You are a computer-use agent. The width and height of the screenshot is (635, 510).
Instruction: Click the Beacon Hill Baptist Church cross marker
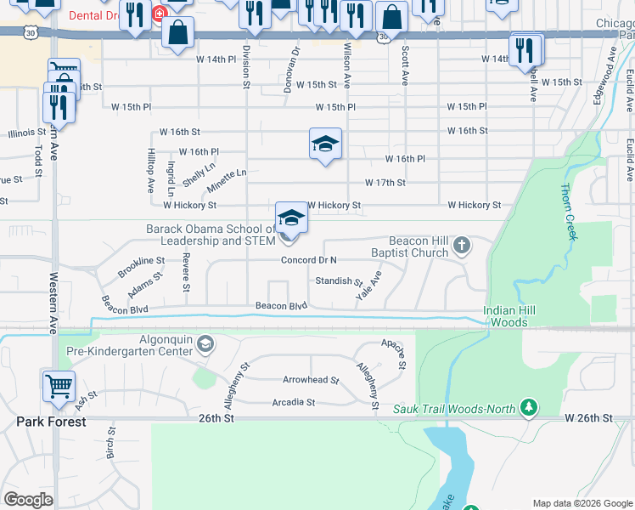[x=462, y=246]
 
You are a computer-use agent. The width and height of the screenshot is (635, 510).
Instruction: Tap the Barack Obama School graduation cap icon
[x=291, y=218]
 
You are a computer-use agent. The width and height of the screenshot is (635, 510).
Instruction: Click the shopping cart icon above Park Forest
[x=59, y=387]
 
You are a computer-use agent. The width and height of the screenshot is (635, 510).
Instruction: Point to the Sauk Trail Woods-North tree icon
[x=529, y=409]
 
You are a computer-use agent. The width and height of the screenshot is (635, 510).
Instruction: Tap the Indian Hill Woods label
[x=511, y=316]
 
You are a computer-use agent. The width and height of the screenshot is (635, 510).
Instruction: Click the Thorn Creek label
[x=568, y=212]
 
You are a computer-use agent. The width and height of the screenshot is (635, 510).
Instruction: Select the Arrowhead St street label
[x=311, y=381]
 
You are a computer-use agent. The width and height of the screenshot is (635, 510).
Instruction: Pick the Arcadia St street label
[x=293, y=402]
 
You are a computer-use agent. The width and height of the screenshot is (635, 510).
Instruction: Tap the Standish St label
[x=339, y=280]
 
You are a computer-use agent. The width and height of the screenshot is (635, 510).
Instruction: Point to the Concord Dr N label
[x=309, y=260]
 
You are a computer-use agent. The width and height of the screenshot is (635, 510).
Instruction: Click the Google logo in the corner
[x=28, y=500]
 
